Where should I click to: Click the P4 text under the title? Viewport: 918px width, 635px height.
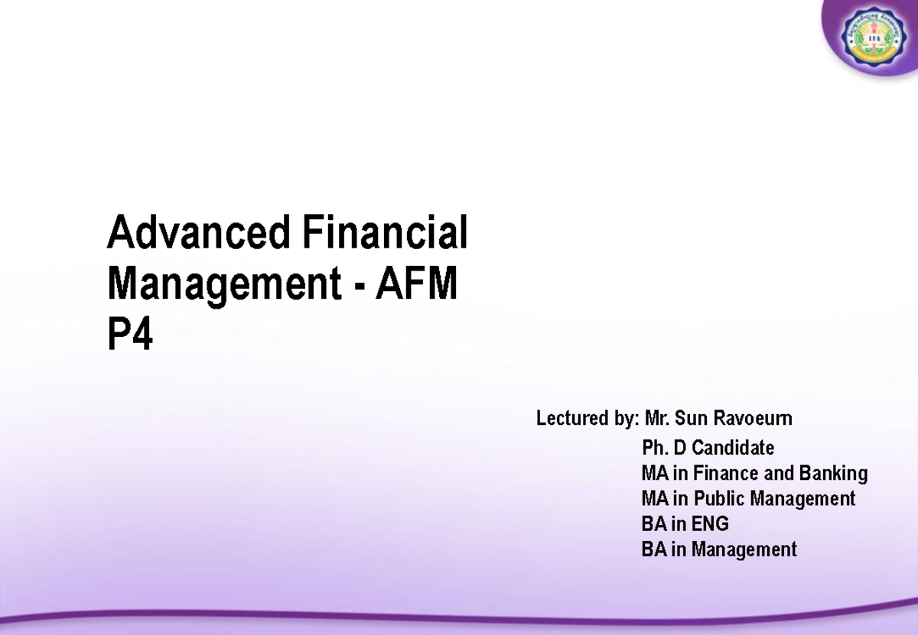[x=130, y=335]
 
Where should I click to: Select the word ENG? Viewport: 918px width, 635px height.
[x=710, y=524]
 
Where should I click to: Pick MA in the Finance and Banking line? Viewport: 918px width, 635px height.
[x=655, y=474]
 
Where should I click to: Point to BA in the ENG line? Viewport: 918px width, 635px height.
[x=653, y=524]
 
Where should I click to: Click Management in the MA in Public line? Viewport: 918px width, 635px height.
[x=802, y=499]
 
